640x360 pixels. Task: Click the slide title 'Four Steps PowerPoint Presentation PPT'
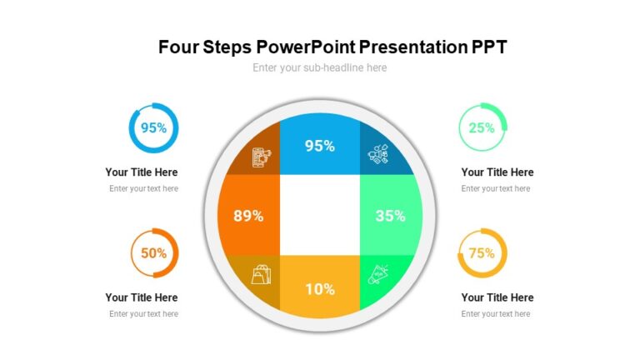click(x=332, y=47)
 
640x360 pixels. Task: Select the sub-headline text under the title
click(x=320, y=67)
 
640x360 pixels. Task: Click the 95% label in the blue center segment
click(x=320, y=146)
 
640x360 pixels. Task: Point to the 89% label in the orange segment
click(x=248, y=216)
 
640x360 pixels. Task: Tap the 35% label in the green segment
click(x=391, y=216)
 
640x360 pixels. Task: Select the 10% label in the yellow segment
click(x=320, y=289)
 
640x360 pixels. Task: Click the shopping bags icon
click(x=261, y=273)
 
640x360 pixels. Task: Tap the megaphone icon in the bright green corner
click(x=379, y=273)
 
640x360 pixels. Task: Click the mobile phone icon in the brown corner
click(x=261, y=157)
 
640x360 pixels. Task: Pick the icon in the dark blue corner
click(x=379, y=155)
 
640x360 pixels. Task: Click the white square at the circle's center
click(x=320, y=215)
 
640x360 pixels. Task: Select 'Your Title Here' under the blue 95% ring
click(x=142, y=172)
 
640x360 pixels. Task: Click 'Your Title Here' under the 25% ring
click(x=497, y=172)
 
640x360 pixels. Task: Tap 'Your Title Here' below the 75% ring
click(x=497, y=297)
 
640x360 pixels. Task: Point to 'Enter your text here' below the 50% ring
click(x=143, y=314)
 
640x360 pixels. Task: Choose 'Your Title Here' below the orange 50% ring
click(x=142, y=297)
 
